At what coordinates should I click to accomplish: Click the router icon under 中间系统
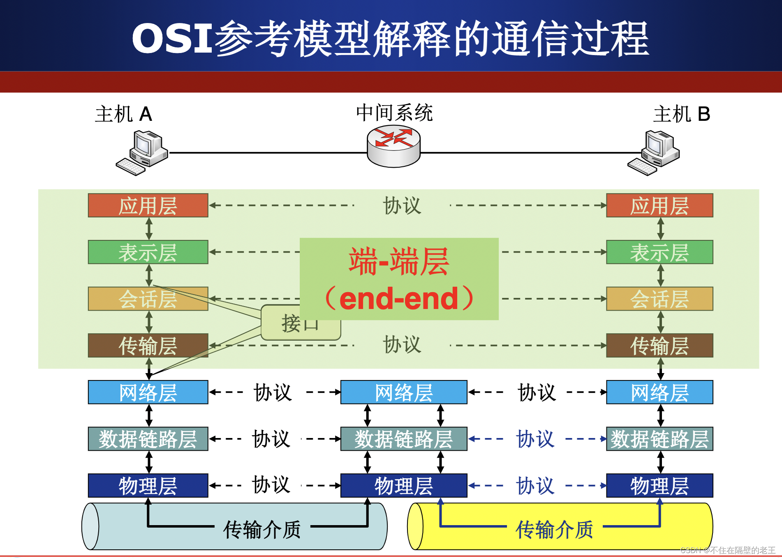tap(393, 146)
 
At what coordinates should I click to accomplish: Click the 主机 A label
tap(123, 114)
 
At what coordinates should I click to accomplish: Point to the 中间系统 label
tap(394, 113)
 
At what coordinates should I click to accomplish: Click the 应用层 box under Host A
tap(148, 205)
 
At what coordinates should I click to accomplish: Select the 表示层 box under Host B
tap(659, 252)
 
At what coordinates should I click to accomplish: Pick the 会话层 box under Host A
tap(148, 299)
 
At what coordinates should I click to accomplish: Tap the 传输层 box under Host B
tap(659, 345)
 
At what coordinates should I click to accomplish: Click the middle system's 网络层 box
tap(404, 392)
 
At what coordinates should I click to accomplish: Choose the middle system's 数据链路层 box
tap(404, 439)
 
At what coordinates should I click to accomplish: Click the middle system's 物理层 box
tap(404, 485)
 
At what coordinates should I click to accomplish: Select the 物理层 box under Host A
tap(148, 485)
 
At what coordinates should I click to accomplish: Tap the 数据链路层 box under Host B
tap(659, 439)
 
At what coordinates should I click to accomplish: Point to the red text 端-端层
tap(399, 261)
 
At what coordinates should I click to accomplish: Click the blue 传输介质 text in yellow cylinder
tap(554, 529)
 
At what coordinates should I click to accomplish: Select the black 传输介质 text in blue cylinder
tap(262, 529)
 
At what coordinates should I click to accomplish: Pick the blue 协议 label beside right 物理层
tap(535, 486)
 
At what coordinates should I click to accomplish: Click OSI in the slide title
tap(172, 38)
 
